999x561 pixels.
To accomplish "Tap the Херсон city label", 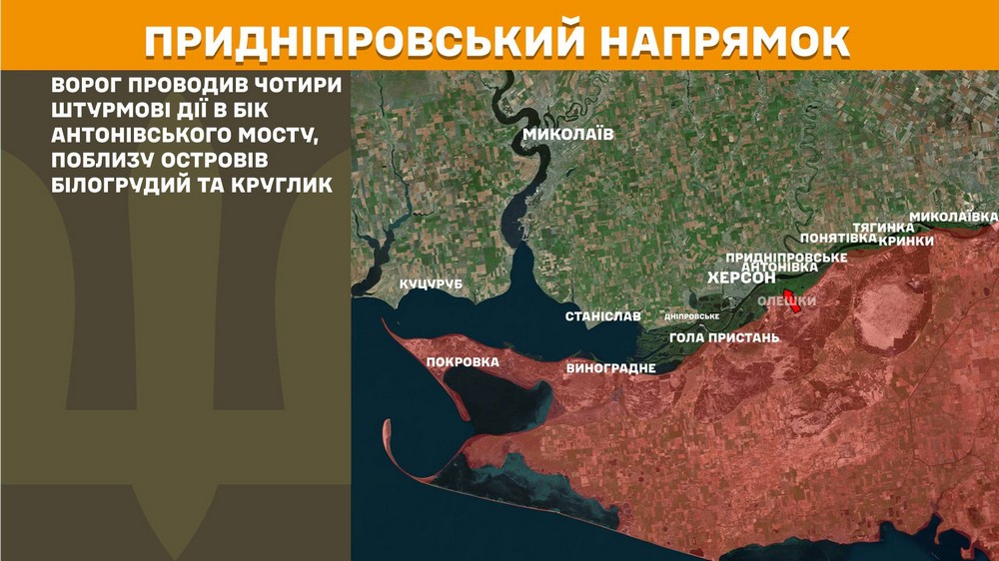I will pyautogui.click(x=741, y=278).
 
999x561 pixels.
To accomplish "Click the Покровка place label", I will pyautogui.click(x=463, y=361).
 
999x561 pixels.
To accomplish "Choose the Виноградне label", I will pyautogui.click(x=610, y=368).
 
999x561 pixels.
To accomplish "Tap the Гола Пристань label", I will pyautogui.click(x=724, y=337).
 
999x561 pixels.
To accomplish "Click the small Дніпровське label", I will pyautogui.click(x=692, y=316).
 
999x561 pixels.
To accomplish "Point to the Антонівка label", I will pyautogui.click(x=780, y=267).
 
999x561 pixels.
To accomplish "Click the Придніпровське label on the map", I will pyautogui.click(x=787, y=257).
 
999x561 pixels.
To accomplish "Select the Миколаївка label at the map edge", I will pyautogui.click(x=954, y=217).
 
